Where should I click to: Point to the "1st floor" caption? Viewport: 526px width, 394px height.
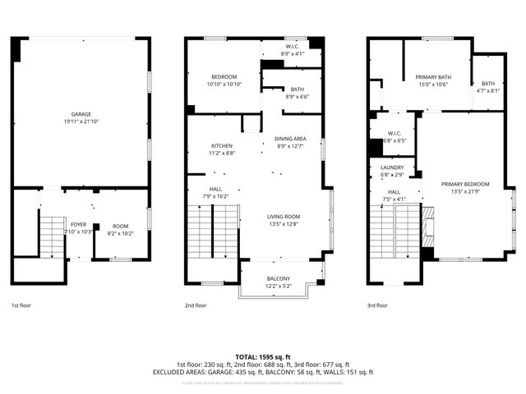tap(21, 305)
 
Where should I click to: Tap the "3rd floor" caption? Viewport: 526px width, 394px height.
tap(378, 305)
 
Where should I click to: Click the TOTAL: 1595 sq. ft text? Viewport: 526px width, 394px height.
tap(262, 357)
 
